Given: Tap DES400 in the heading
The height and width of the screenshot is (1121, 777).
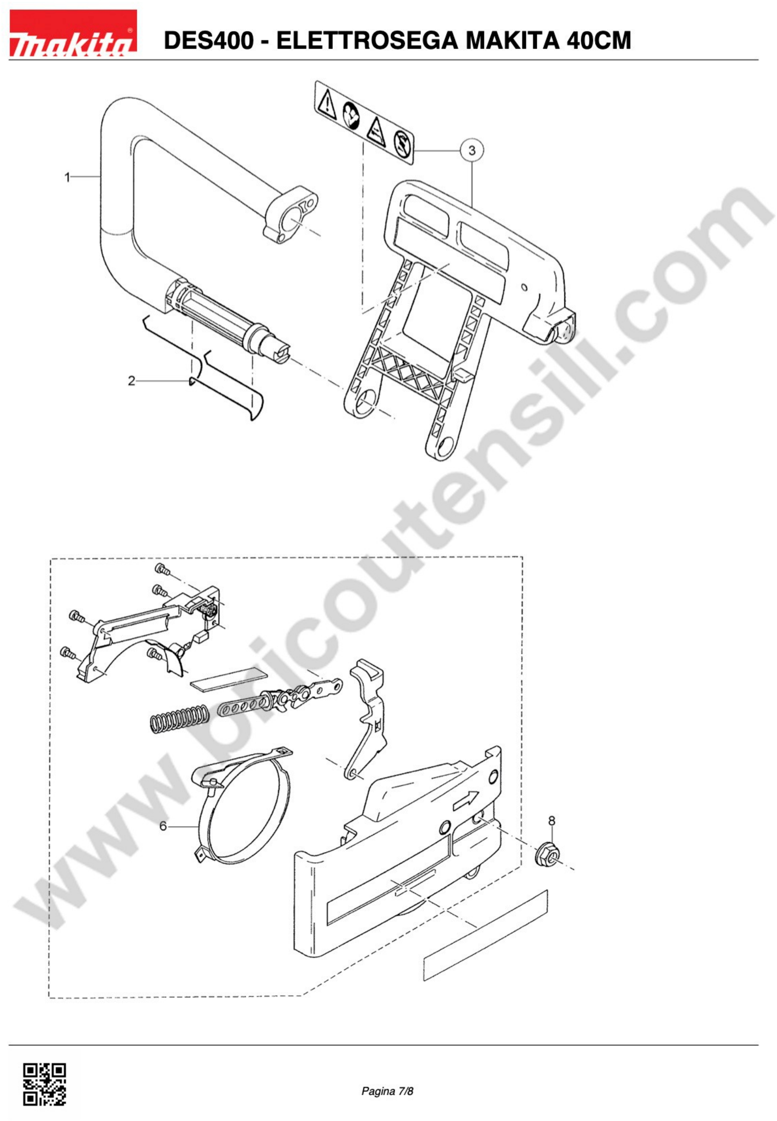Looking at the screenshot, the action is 209,40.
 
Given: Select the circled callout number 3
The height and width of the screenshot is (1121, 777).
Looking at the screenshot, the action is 471,150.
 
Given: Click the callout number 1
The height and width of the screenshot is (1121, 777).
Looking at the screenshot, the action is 68,177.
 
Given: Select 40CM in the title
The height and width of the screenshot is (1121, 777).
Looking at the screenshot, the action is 598,40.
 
